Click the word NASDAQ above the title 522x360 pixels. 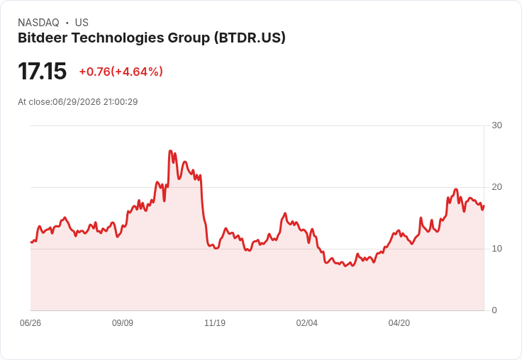(x=38, y=23)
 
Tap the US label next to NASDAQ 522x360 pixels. (x=82, y=23)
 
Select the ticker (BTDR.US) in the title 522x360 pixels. (x=250, y=38)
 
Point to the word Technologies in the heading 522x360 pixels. (x=118, y=38)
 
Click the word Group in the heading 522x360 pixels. (x=189, y=38)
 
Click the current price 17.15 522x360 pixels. (x=43, y=71)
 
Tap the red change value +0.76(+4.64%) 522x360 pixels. (x=121, y=71)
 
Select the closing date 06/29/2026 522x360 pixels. (x=77, y=102)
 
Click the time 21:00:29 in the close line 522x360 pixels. (x=121, y=102)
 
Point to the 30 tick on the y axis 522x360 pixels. (x=496, y=125)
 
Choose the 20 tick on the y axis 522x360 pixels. (x=496, y=187)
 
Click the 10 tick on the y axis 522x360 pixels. (x=496, y=249)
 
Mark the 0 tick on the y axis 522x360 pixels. (x=494, y=310)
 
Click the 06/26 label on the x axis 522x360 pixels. (x=30, y=322)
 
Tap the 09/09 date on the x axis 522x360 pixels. (x=123, y=322)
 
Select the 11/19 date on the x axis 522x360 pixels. (x=215, y=322)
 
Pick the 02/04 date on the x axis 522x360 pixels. (x=307, y=322)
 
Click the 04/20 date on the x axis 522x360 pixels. (x=399, y=322)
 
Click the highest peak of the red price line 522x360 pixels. (x=170, y=151)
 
